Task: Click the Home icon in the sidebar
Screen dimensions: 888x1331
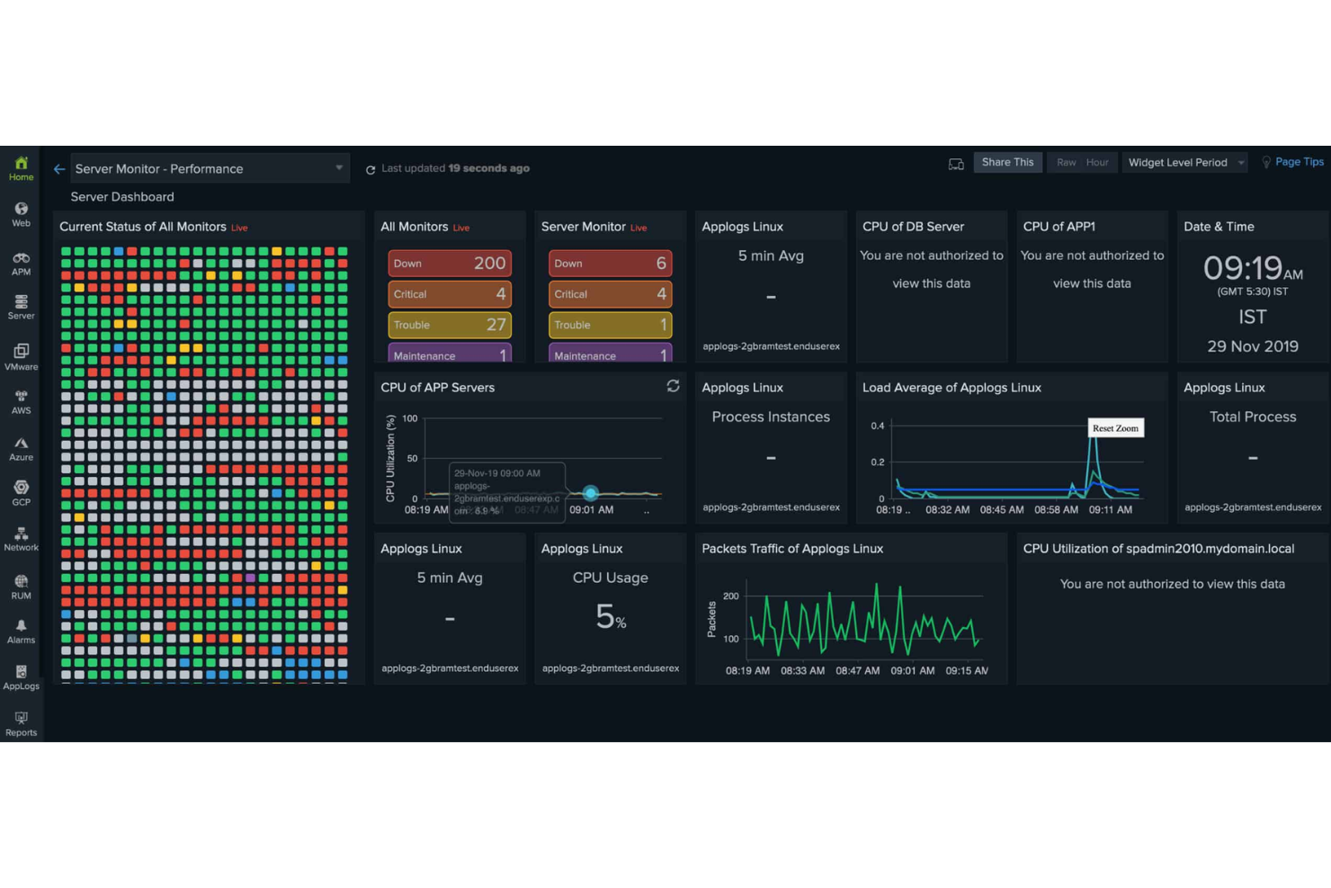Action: [x=21, y=167]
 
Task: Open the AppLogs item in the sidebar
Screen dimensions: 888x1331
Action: [x=21, y=677]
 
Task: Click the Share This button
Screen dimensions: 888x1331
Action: [x=1007, y=162]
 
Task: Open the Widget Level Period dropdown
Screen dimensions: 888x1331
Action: [x=1184, y=163]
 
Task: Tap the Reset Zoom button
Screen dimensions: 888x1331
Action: [x=1115, y=428]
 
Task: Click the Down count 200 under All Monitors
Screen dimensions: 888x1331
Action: [x=489, y=263]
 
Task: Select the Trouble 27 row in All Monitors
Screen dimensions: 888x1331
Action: [x=450, y=325]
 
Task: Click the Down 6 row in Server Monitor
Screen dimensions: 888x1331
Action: [x=610, y=263]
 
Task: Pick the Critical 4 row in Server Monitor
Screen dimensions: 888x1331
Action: [x=610, y=294]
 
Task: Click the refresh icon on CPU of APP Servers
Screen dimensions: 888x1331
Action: [x=673, y=386]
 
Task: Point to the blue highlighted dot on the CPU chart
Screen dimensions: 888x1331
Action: [x=590, y=493]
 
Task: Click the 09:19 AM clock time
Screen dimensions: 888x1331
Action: [x=1252, y=268]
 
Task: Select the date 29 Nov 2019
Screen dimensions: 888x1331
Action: [x=1252, y=346]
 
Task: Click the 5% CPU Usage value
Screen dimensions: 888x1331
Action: [x=611, y=617]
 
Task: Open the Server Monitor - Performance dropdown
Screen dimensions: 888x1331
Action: [x=209, y=168]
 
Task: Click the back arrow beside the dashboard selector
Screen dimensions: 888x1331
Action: [x=59, y=169]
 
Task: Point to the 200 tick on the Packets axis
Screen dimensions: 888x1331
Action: [x=731, y=596]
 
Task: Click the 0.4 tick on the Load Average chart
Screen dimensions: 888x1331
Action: [x=877, y=426]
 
